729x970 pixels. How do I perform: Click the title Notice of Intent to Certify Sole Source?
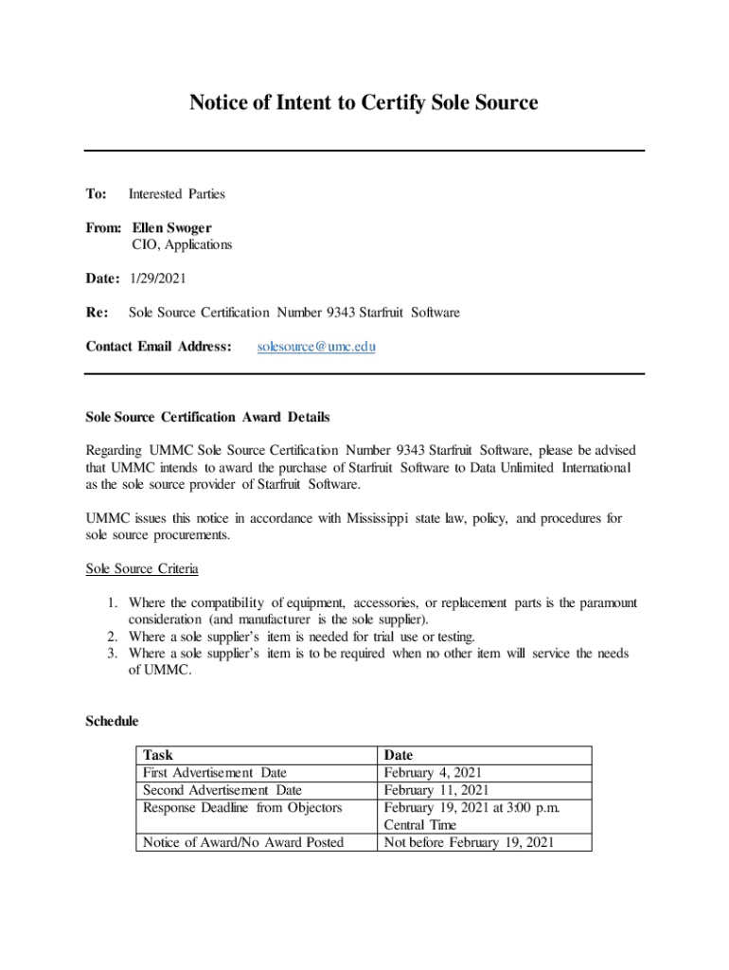pyautogui.click(x=364, y=102)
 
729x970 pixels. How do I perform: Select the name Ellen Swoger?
pyautogui.click(x=171, y=228)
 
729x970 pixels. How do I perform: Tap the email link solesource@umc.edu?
pyautogui.click(x=316, y=347)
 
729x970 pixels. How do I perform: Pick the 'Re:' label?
pyautogui.click(x=97, y=312)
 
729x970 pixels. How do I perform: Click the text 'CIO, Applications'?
pyautogui.click(x=181, y=244)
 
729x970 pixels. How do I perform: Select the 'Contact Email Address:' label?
pyautogui.click(x=158, y=347)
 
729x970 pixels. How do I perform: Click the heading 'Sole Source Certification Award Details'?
pyautogui.click(x=207, y=417)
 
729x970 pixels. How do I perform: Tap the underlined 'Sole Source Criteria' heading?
pyautogui.click(x=142, y=569)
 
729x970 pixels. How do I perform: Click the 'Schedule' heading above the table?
pyautogui.click(x=112, y=721)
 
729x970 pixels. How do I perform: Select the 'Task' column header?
pyautogui.click(x=158, y=755)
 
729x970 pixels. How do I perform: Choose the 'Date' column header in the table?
pyautogui.click(x=399, y=755)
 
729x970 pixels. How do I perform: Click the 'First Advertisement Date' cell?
pyautogui.click(x=215, y=773)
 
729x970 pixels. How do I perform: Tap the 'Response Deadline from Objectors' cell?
pyautogui.click(x=242, y=807)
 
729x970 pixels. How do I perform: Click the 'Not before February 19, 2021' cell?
pyautogui.click(x=469, y=842)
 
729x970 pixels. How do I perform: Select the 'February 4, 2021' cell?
pyautogui.click(x=435, y=773)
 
